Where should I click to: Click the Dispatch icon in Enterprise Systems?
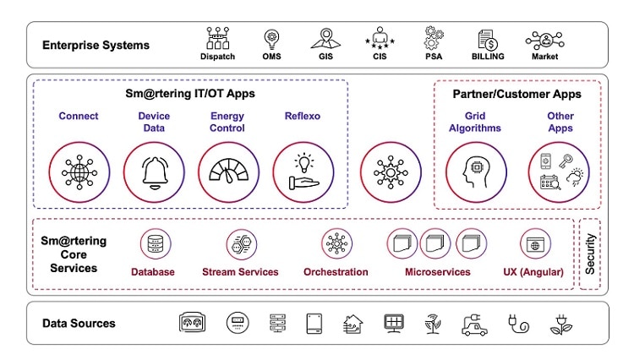point(218,38)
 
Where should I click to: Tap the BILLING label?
point(487,57)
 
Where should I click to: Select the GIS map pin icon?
point(326,38)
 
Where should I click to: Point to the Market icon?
point(545,39)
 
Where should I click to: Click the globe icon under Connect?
point(79,172)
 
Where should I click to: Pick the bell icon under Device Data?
point(154,172)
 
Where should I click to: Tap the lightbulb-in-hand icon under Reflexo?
point(303,172)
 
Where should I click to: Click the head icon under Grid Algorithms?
point(476,172)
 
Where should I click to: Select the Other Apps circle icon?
point(559,172)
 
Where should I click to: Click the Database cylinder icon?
point(155,244)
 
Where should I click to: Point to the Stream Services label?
point(240,272)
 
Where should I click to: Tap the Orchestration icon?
point(336,244)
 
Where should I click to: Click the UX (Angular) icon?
point(535,244)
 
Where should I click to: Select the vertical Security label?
point(590,253)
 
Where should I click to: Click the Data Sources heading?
point(79,323)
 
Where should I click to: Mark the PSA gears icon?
point(434,38)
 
